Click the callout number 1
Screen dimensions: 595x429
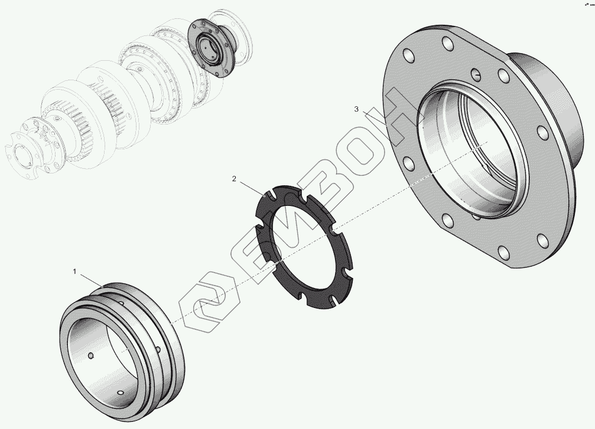tap(75, 271)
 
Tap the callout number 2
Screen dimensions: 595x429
tap(234, 178)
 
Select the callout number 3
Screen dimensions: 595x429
tap(356, 109)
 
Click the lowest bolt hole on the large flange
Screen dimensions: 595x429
tap(503, 253)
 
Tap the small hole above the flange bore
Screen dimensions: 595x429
tap(476, 74)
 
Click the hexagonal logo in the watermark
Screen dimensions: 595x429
tap(209, 302)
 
